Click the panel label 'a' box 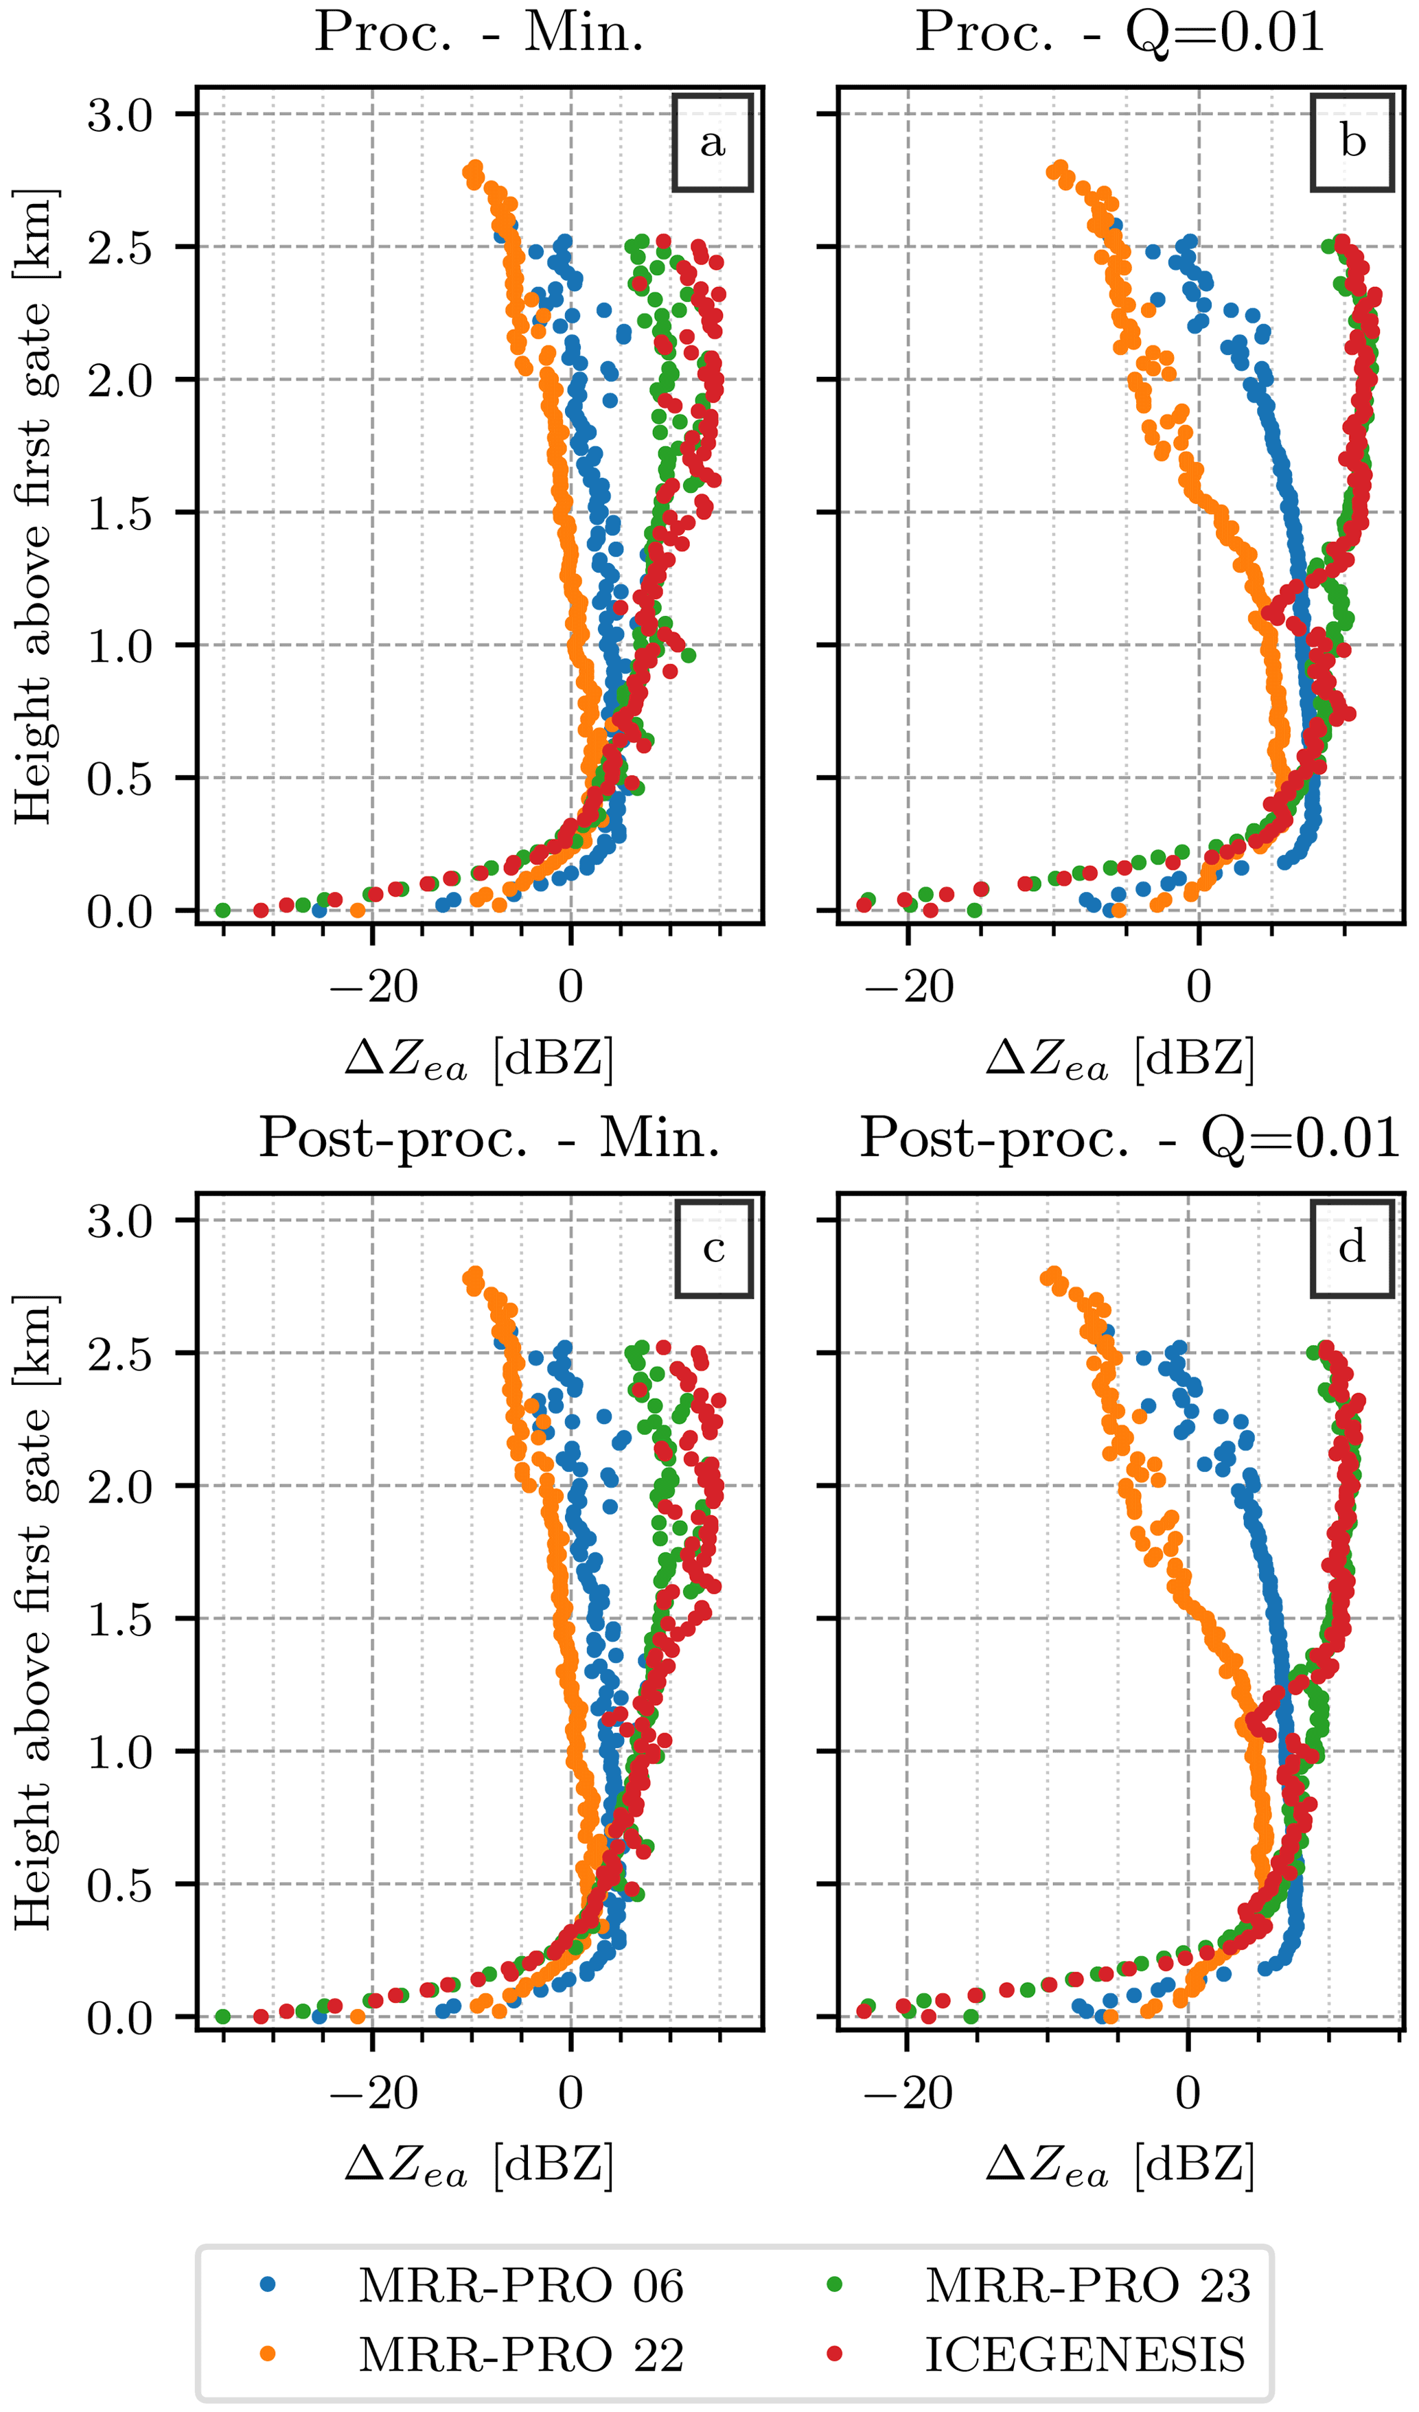point(712,143)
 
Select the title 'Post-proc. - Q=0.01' point(1129,1139)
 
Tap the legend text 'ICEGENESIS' point(1085,2356)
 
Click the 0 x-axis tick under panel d point(1188,2093)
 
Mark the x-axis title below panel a point(478,1061)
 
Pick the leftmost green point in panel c point(223,2017)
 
